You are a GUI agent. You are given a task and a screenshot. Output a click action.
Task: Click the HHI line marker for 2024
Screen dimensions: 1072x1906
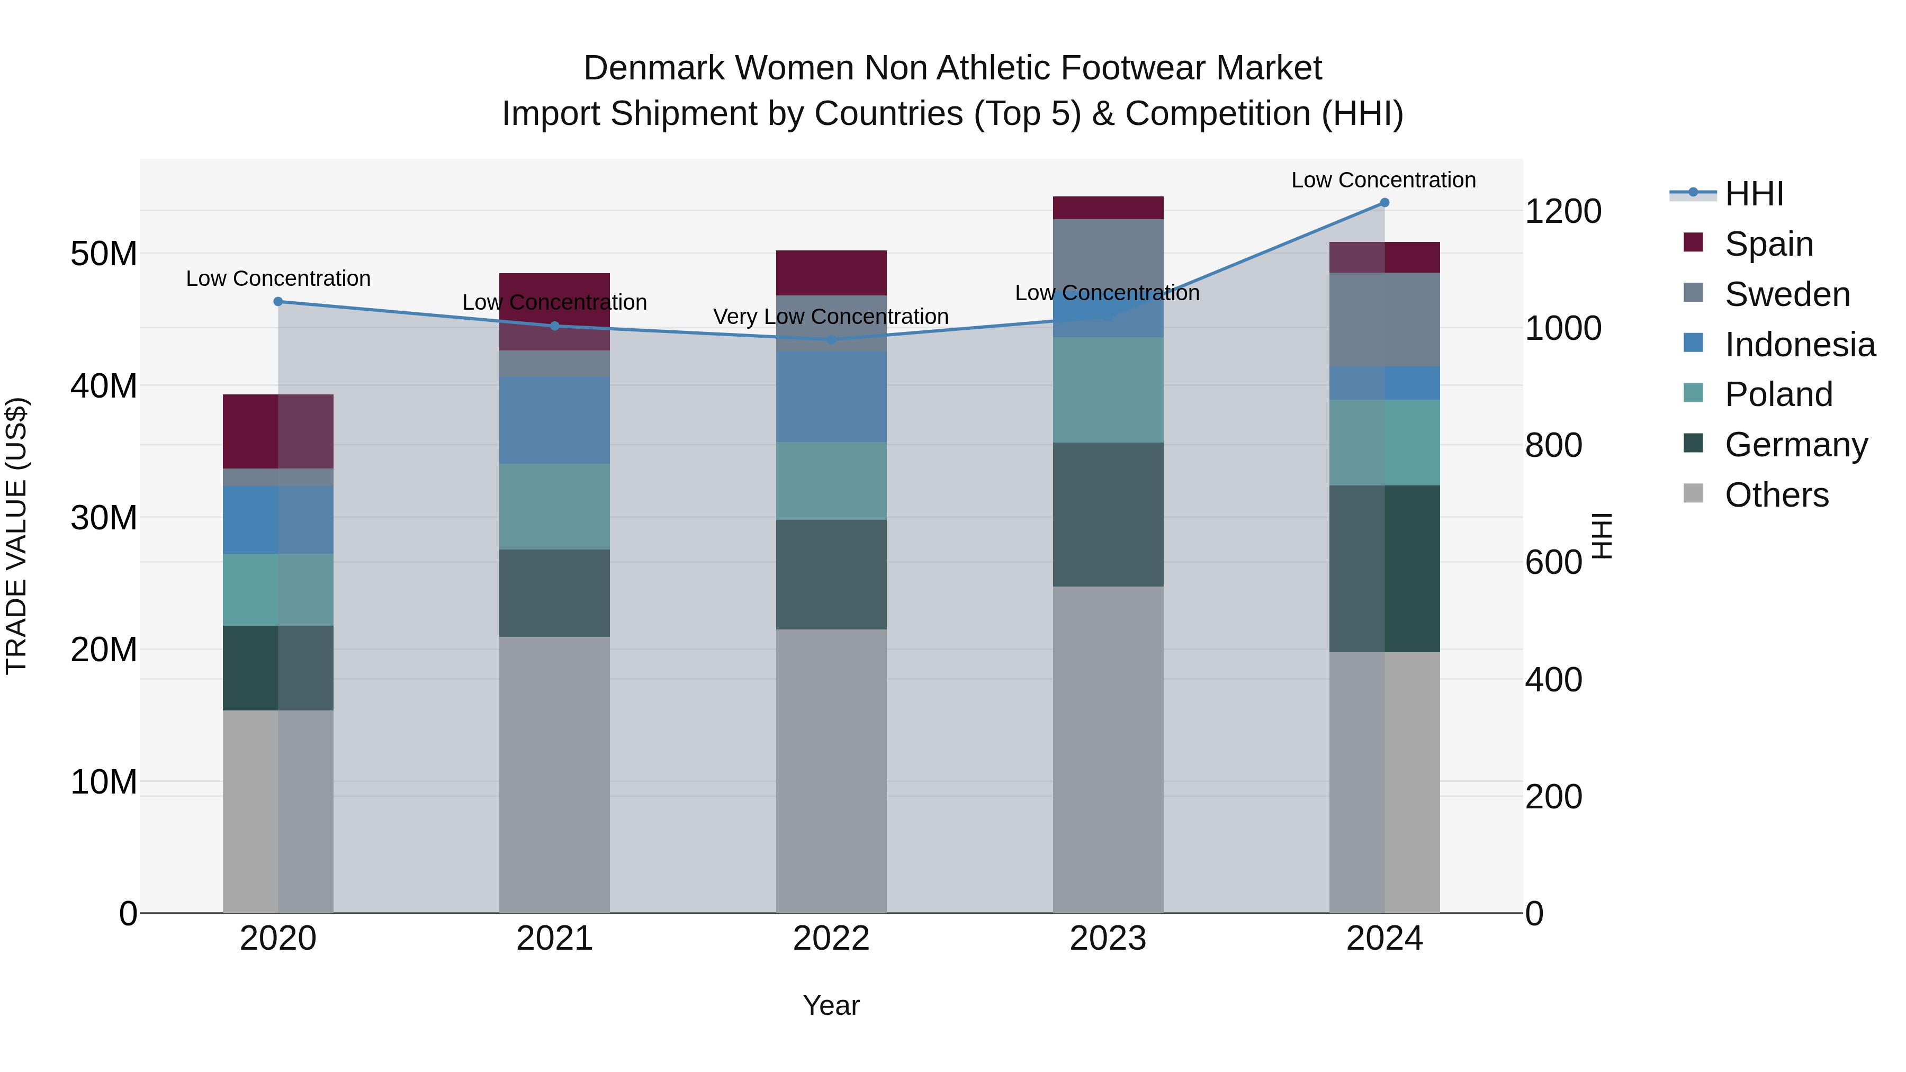[x=1384, y=203]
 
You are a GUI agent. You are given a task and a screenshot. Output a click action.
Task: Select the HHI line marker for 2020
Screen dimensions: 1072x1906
[x=278, y=301]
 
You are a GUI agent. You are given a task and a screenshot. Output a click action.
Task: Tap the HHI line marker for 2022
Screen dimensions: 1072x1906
[x=831, y=339]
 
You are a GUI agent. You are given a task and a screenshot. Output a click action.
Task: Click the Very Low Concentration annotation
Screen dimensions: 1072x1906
[x=830, y=317]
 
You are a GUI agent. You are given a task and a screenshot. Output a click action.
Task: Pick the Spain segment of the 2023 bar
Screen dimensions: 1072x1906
[x=1108, y=208]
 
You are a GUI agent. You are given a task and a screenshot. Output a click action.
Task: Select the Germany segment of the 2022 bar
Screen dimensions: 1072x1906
[x=831, y=575]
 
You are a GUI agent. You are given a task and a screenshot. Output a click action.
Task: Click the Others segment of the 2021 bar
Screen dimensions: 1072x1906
[x=554, y=774]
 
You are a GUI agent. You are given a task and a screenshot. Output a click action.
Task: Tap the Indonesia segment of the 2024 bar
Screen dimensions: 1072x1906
[x=1384, y=383]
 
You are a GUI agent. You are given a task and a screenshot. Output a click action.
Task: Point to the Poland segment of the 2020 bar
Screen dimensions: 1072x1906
[x=278, y=590]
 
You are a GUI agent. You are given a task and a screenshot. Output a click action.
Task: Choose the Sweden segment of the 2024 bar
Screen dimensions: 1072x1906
[x=1384, y=320]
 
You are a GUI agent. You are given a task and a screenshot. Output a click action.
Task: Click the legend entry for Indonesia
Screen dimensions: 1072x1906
[x=1800, y=345]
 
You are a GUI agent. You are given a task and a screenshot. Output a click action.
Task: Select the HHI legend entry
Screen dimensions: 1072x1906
[x=1754, y=194]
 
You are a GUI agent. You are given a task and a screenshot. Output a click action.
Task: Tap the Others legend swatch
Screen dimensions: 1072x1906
[x=1693, y=493]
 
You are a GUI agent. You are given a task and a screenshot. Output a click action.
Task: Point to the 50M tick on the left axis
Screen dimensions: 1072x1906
[x=104, y=254]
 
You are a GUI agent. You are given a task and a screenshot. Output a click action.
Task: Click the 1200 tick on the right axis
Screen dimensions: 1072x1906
[x=1563, y=212]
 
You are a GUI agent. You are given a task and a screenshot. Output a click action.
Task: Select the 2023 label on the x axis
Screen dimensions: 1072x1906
[x=1108, y=939]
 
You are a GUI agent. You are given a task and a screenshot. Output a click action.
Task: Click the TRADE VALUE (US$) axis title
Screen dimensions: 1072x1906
[x=16, y=536]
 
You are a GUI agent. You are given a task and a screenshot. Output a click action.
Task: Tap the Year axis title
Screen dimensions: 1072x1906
[x=831, y=1005]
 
